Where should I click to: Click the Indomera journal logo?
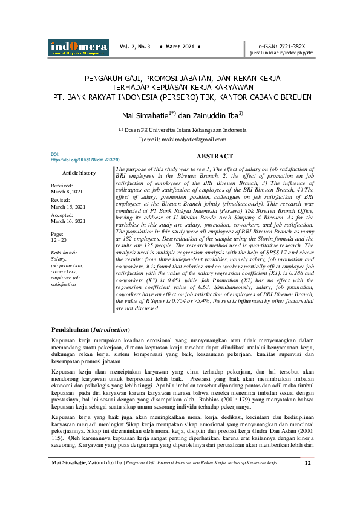pyautogui.click(x=78, y=47)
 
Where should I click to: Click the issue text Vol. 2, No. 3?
pyautogui.click(x=134, y=47)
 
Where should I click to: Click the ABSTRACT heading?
pyautogui.click(x=215, y=156)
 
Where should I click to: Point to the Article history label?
pyautogui.click(x=79, y=173)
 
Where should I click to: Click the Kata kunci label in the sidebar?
pyautogui.click(x=64, y=252)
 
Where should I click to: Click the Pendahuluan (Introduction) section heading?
pyautogui.click(x=90, y=330)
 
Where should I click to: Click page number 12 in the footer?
pyautogui.click(x=307, y=498)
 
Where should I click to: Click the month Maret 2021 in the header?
pyautogui.click(x=180, y=47)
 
